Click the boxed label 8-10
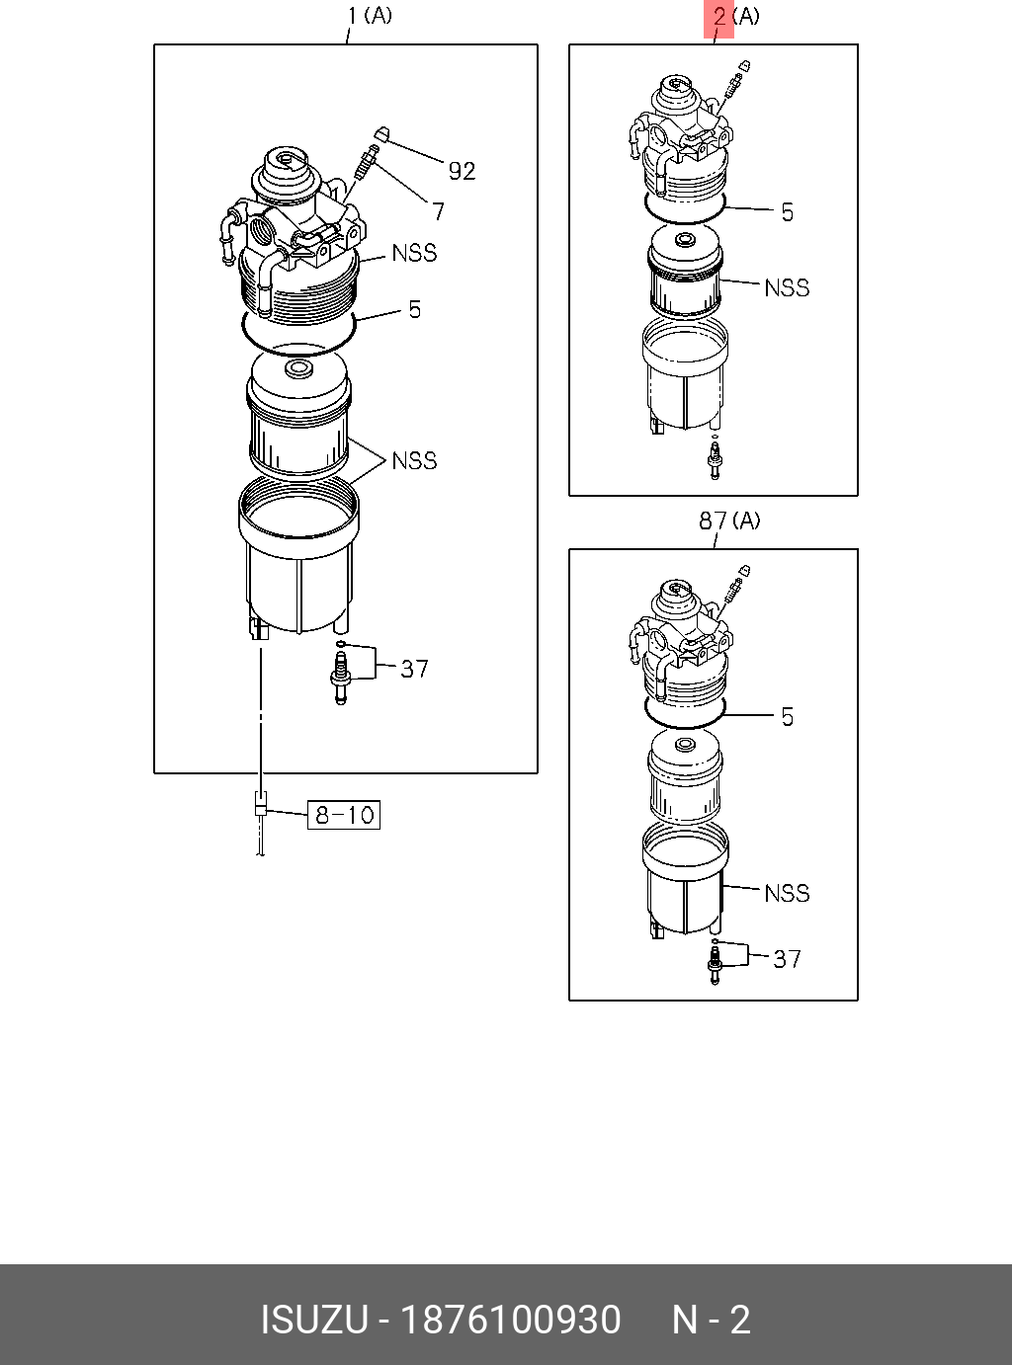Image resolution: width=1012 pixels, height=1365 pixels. (344, 815)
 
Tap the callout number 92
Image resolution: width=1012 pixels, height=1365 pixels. (462, 171)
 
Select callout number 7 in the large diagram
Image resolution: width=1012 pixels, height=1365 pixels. (438, 210)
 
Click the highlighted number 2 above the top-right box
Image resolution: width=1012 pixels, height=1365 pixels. (719, 17)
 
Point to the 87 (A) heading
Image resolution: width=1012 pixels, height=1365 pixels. (729, 521)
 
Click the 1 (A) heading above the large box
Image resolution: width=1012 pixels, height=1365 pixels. (370, 16)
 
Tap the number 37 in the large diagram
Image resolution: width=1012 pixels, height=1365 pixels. (414, 669)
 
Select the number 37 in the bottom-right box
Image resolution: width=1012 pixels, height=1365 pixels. (787, 959)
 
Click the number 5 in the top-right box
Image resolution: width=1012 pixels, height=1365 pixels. (788, 212)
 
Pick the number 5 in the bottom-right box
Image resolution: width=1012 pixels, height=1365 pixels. (788, 716)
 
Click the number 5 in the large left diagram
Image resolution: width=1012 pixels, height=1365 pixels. (415, 309)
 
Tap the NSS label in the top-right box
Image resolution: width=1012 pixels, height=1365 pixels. (787, 287)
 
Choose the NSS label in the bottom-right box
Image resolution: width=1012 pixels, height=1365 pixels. (787, 893)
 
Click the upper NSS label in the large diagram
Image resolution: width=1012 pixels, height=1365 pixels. (414, 253)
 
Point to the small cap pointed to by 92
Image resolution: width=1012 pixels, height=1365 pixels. (381, 134)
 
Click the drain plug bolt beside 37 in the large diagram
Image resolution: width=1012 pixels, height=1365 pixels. (341, 681)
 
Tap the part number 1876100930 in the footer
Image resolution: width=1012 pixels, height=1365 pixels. (509, 1320)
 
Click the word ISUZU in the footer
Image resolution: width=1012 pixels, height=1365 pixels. (313, 1320)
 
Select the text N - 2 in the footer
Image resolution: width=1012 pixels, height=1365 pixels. (711, 1320)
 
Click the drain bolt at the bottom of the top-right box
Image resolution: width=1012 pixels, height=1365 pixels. (715, 460)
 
